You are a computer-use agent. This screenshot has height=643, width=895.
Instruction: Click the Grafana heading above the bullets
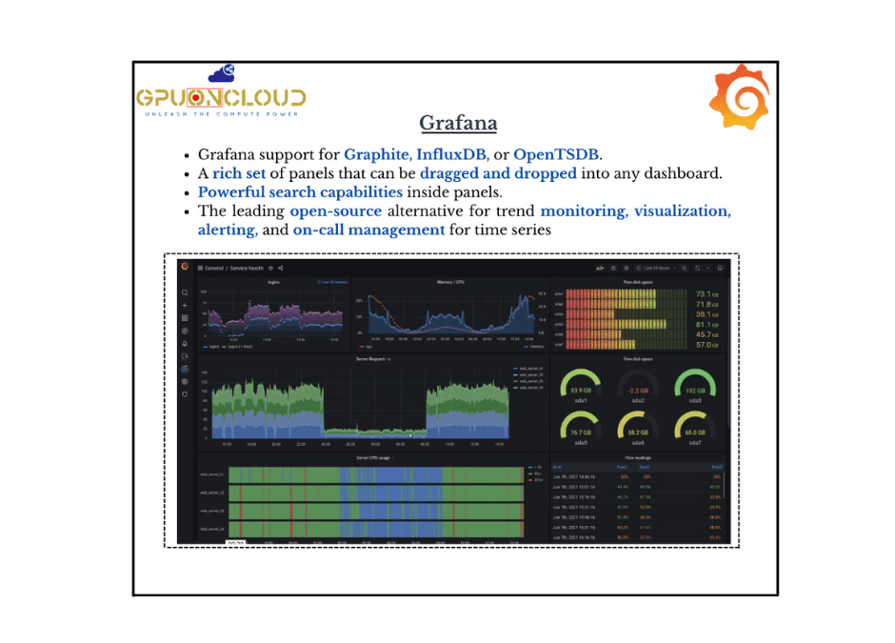(458, 124)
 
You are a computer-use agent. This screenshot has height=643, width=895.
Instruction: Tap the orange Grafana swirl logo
(738, 97)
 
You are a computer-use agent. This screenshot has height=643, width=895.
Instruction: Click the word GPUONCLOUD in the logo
(221, 97)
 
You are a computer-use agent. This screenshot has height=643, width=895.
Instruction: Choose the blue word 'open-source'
(335, 211)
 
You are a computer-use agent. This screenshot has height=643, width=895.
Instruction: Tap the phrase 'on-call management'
(368, 230)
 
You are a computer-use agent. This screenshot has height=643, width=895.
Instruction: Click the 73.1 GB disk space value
(706, 294)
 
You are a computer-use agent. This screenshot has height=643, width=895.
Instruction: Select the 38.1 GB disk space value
(706, 314)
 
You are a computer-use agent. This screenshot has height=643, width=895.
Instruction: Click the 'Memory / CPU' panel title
(450, 282)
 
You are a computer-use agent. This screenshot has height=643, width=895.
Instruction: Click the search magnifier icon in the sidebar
(185, 293)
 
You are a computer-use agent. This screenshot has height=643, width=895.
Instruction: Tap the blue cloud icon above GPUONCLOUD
(222, 72)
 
